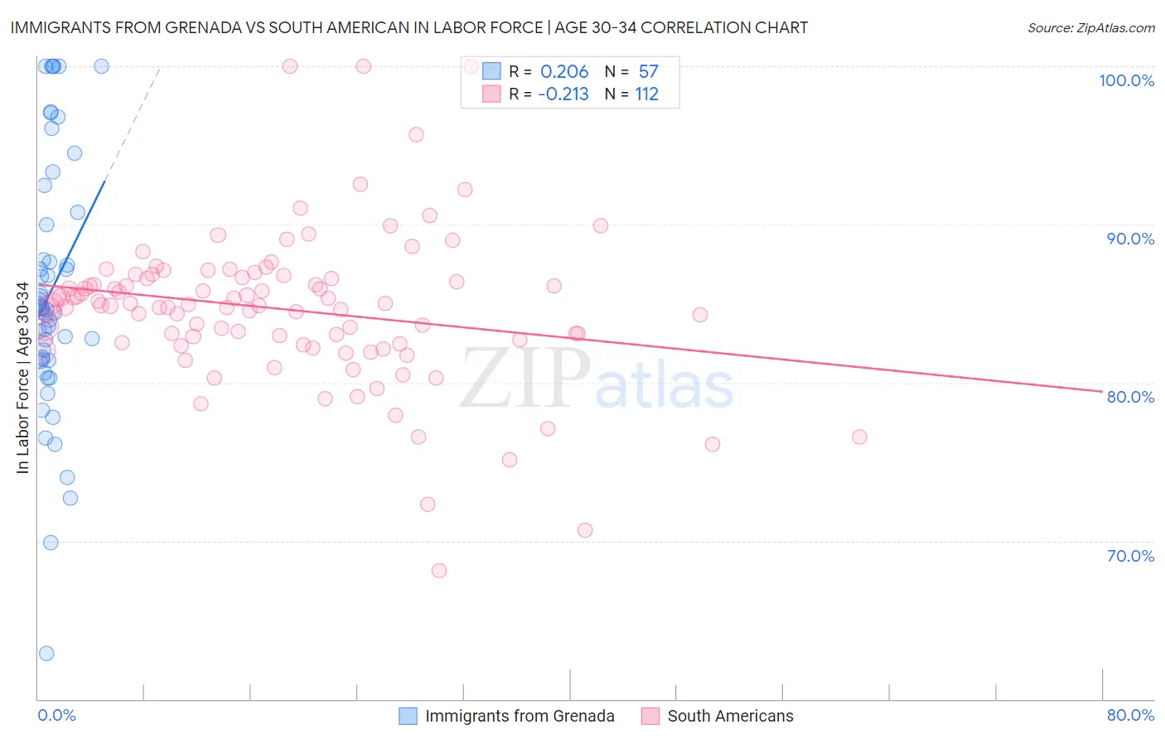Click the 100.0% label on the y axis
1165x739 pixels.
pyautogui.click(x=1126, y=80)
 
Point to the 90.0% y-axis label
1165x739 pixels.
pyautogui.click(x=1130, y=239)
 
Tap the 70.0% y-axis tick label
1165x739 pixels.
pyautogui.click(x=1130, y=556)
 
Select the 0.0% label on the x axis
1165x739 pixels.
pyautogui.click(x=56, y=715)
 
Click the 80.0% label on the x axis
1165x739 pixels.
pyautogui.click(x=1130, y=715)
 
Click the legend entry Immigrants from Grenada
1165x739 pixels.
pyautogui.click(x=520, y=716)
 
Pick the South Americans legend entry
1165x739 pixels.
pyautogui.click(x=730, y=716)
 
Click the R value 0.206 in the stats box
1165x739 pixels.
pyautogui.click(x=564, y=71)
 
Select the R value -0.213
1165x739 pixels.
pyautogui.click(x=563, y=94)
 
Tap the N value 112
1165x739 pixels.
pyautogui.click(x=646, y=94)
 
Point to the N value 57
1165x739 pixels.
pyautogui.click(x=648, y=71)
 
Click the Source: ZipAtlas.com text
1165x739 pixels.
pyautogui.click(x=1090, y=28)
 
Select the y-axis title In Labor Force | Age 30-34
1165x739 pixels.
pyautogui.click(x=23, y=378)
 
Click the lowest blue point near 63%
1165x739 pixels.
pyautogui.click(x=46, y=654)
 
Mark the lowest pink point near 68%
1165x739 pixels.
pyautogui.click(x=439, y=571)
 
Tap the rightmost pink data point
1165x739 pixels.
pyautogui.click(x=859, y=437)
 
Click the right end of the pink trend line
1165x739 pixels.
pyautogui.click(x=1102, y=391)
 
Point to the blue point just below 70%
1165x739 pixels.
pyautogui.click(x=51, y=543)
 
